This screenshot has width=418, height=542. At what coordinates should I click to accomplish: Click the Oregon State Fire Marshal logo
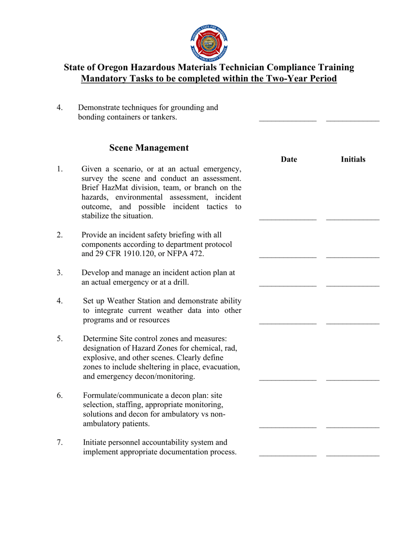pyautogui.click(x=209, y=42)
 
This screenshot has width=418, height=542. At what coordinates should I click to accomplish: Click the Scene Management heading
pyautogui.click(x=149, y=148)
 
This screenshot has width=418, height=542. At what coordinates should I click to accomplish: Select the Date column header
pyautogui.click(x=289, y=160)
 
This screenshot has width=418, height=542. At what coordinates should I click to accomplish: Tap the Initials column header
pyautogui.click(x=353, y=160)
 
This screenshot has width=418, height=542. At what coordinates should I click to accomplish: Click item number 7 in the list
pyautogui.click(x=60, y=442)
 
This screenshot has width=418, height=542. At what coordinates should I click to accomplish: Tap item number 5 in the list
pyautogui.click(x=60, y=339)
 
